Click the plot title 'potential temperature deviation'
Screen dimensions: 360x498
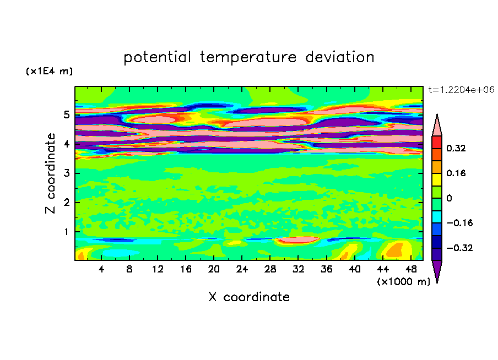point(249,57)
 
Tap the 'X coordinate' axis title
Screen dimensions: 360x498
point(249,297)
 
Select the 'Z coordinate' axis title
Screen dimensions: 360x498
point(51,173)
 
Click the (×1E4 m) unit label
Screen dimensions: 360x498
point(49,72)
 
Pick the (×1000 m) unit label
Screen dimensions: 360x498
point(404,282)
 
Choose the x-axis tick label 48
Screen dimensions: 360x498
point(410,270)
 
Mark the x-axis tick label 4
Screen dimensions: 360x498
point(101,270)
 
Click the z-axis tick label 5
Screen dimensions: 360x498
point(67,115)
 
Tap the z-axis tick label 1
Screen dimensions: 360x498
point(67,231)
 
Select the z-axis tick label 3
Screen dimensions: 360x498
point(67,173)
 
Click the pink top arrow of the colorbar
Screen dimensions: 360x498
point(437,126)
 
